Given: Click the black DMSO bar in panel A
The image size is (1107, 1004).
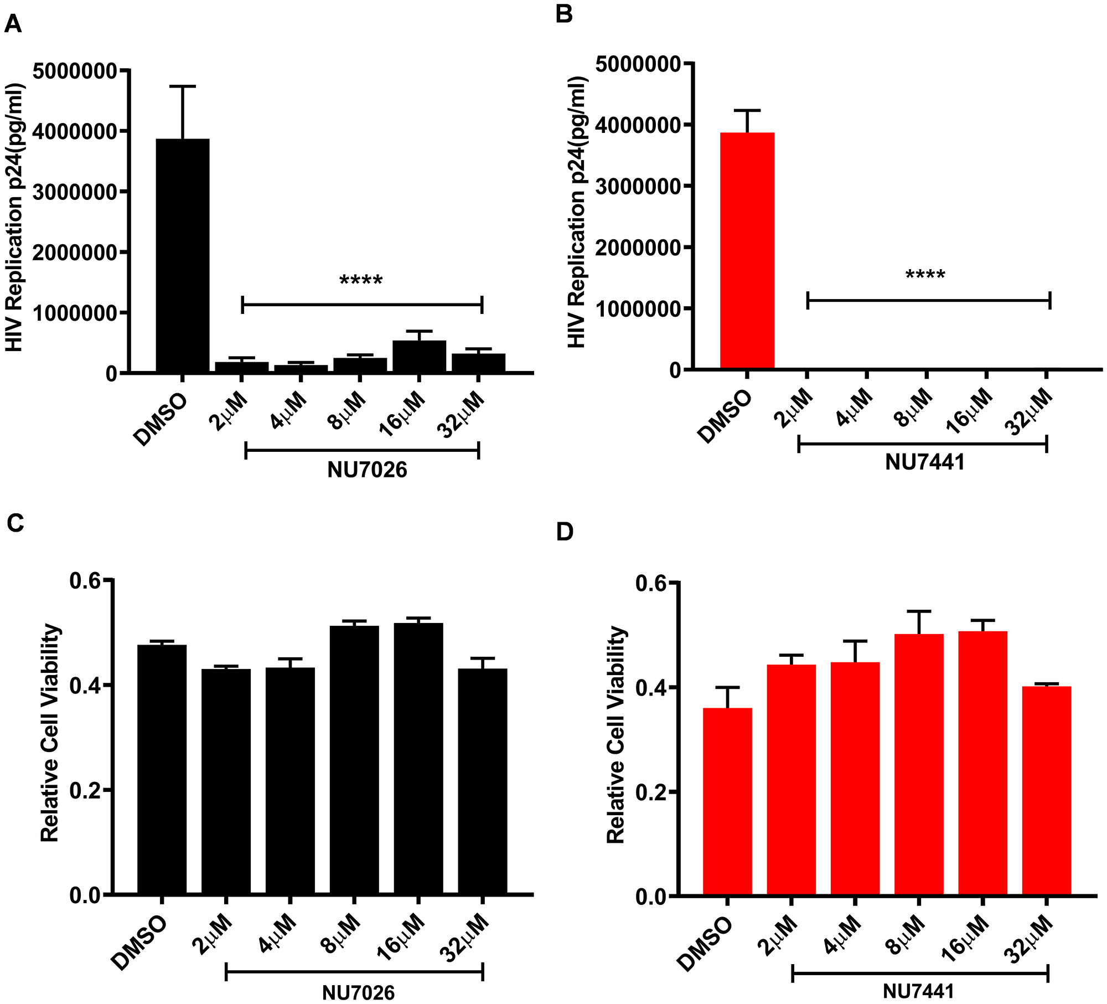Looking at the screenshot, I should click(183, 255).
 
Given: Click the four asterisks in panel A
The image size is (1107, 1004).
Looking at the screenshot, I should click(361, 281).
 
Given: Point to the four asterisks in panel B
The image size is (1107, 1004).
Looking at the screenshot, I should click(925, 275).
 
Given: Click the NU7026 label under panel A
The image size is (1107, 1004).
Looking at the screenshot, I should click(367, 470).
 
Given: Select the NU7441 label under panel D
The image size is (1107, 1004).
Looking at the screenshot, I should click(918, 991).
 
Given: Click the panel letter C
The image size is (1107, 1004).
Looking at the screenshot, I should click(15, 523).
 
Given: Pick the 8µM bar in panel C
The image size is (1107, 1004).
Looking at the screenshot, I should click(354, 759).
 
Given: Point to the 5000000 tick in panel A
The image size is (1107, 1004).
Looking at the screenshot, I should click(75, 71).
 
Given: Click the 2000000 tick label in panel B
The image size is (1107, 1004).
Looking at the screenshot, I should click(637, 248).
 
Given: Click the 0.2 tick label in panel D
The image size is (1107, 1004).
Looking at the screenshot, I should click(650, 792).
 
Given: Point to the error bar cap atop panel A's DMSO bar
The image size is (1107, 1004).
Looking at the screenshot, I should click(182, 86).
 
